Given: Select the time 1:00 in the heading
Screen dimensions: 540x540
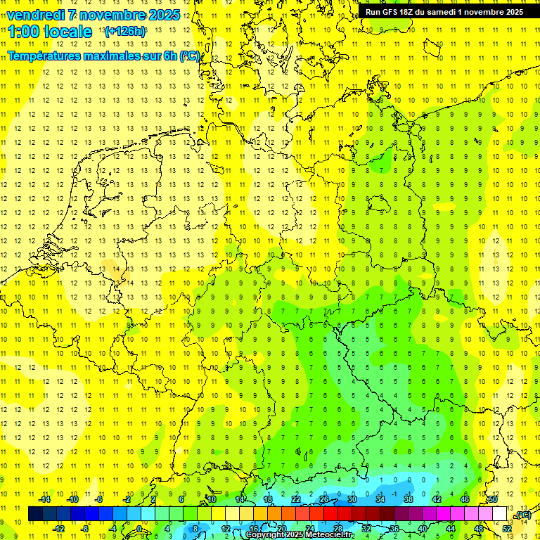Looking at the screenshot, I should click(x=23, y=32).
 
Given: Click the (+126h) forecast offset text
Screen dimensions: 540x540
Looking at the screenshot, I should click(x=124, y=32).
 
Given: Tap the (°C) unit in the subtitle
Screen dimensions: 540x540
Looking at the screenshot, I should click(x=190, y=56).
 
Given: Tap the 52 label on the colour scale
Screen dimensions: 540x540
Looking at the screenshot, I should click(x=507, y=529).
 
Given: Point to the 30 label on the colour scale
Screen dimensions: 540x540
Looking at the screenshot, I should click(x=352, y=499).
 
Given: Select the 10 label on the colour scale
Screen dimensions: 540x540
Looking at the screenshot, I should click(x=212, y=499).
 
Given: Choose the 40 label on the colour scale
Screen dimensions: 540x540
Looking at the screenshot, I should click(x=423, y=529).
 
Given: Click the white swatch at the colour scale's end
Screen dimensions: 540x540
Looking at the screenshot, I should click(x=500, y=514).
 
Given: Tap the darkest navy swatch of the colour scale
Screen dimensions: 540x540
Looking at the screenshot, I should click(x=35, y=514).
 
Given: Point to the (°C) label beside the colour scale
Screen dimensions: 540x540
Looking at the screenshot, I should click(x=523, y=515).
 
